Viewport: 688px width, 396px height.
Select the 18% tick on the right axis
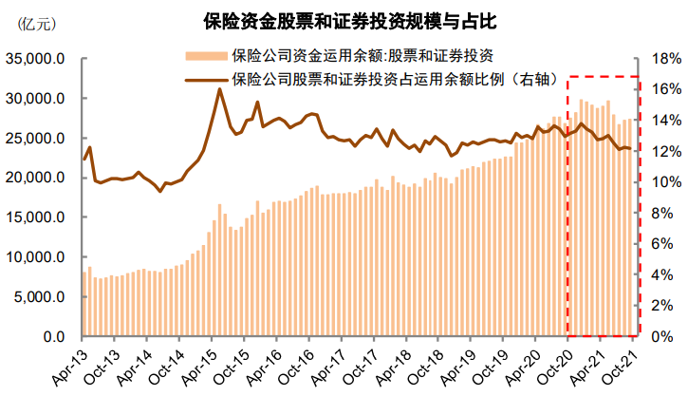658,59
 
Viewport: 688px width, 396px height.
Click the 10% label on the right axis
658,182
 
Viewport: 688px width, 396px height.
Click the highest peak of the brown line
219,89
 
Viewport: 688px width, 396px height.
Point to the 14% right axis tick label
658,121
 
